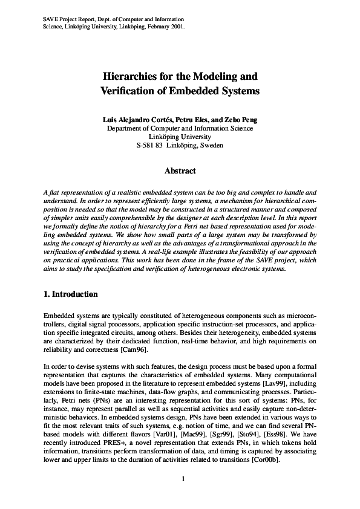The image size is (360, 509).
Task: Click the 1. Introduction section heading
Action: coord(71,294)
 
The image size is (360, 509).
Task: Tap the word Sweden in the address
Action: coord(210,145)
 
